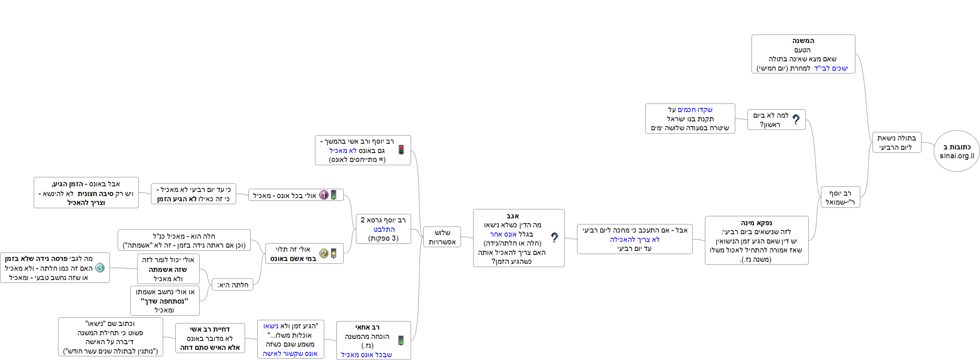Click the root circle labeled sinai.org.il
click(956, 151)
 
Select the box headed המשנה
click(803, 54)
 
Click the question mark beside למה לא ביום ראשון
click(796, 119)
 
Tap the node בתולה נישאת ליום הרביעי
click(896, 142)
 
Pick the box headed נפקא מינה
click(756, 240)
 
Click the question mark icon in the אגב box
click(554, 237)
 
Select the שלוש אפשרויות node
click(442, 237)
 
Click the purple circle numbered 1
click(323, 195)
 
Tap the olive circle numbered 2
click(323, 254)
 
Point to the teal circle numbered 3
click(100, 268)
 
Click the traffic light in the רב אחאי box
click(401, 340)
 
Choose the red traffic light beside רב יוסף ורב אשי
click(401, 150)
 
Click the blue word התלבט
click(384, 229)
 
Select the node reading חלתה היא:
click(233, 285)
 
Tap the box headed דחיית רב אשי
click(210, 338)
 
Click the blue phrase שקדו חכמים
click(695, 110)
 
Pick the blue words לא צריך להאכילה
click(635, 239)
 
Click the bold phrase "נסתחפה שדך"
click(164, 301)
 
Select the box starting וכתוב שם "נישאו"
click(110, 337)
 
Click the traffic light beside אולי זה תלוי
click(334, 254)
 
